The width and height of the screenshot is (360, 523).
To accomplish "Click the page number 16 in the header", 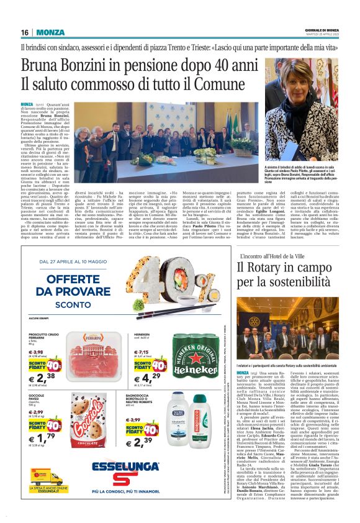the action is coord(25,32).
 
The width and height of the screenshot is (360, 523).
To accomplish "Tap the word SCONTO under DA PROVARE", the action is coord(85,306).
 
